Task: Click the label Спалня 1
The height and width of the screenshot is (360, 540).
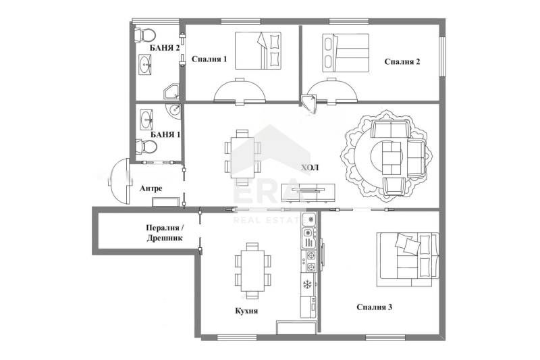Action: (x=209, y=59)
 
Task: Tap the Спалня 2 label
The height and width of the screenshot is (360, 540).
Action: (x=402, y=62)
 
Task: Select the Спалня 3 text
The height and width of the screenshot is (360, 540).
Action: (x=375, y=307)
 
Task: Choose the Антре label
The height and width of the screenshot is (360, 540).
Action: (x=151, y=189)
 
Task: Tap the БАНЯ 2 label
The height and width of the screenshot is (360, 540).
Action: (x=165, y=47)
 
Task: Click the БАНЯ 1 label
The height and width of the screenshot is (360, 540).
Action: (x=165, y=134)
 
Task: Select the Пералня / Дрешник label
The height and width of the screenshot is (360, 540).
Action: (x=164, y=233)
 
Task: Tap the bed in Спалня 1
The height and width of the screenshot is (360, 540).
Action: (x=259, y=51)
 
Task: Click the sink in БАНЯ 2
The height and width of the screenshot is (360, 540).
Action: (x=146, y=65)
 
